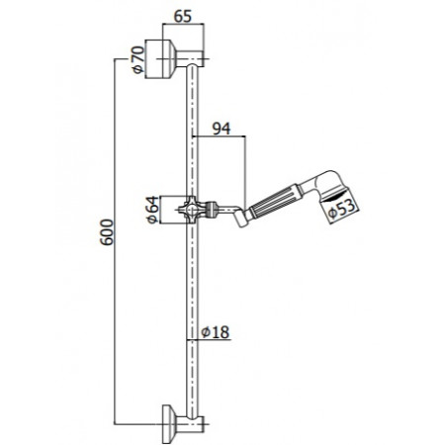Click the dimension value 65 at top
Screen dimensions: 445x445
(181, 16)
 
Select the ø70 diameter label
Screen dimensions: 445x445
(139, 62)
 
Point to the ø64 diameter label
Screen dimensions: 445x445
(151, 212)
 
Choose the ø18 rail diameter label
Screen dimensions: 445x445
(216, 332)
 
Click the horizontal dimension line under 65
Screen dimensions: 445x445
(181, 28)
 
